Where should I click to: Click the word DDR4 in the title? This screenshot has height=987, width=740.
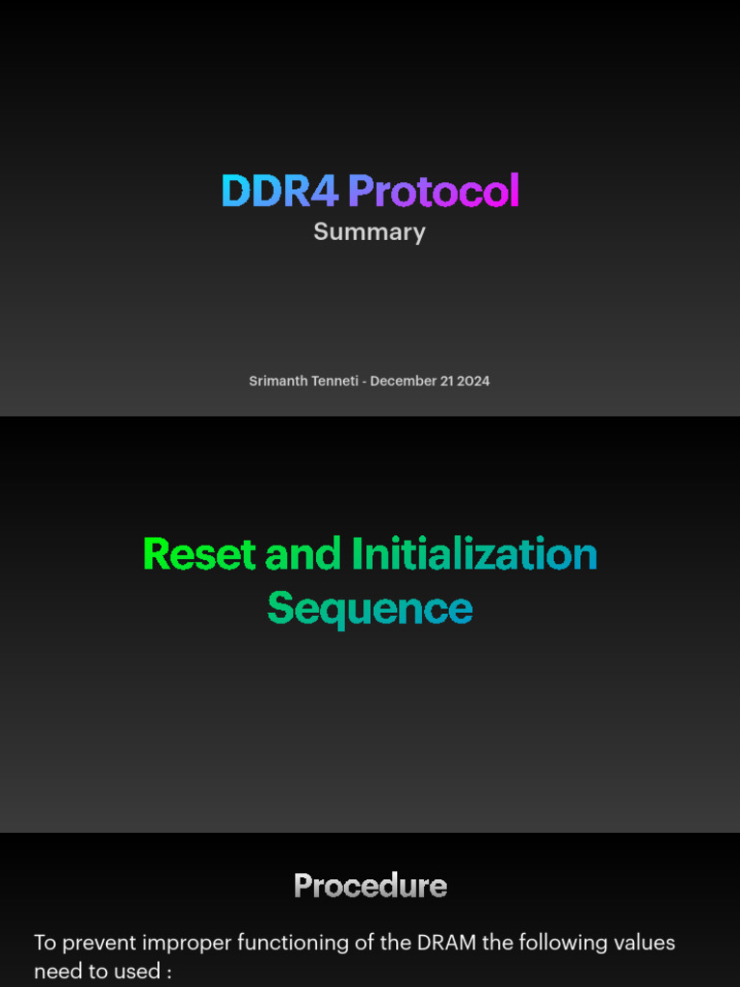pyautogui.click(x=279, y=191)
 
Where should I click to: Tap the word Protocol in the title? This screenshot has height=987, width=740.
pyautogui.click(x=434, y=191)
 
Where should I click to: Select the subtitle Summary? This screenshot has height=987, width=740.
pyautogui.click(x=369, y=232)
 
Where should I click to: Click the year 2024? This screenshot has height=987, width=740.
pyautogui.click(x=473, y=381)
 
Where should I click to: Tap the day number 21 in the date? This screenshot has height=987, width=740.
pyautogui.click(x=447, y=381)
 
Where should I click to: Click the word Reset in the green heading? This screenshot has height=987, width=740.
pyautogui.click(x=199, y=554)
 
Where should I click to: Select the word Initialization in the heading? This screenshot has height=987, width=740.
pyautogui.click(x=474, y=554)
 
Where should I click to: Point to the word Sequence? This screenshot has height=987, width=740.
pyautogui.click(x=370, y=608)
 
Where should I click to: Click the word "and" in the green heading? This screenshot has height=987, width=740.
pyautogui.click(x=304, y=554)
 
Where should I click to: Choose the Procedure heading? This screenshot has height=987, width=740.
pyautogui.click(x=370, y=886)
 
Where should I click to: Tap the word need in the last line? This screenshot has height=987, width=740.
pyautogui.click(x=56, y=971)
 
